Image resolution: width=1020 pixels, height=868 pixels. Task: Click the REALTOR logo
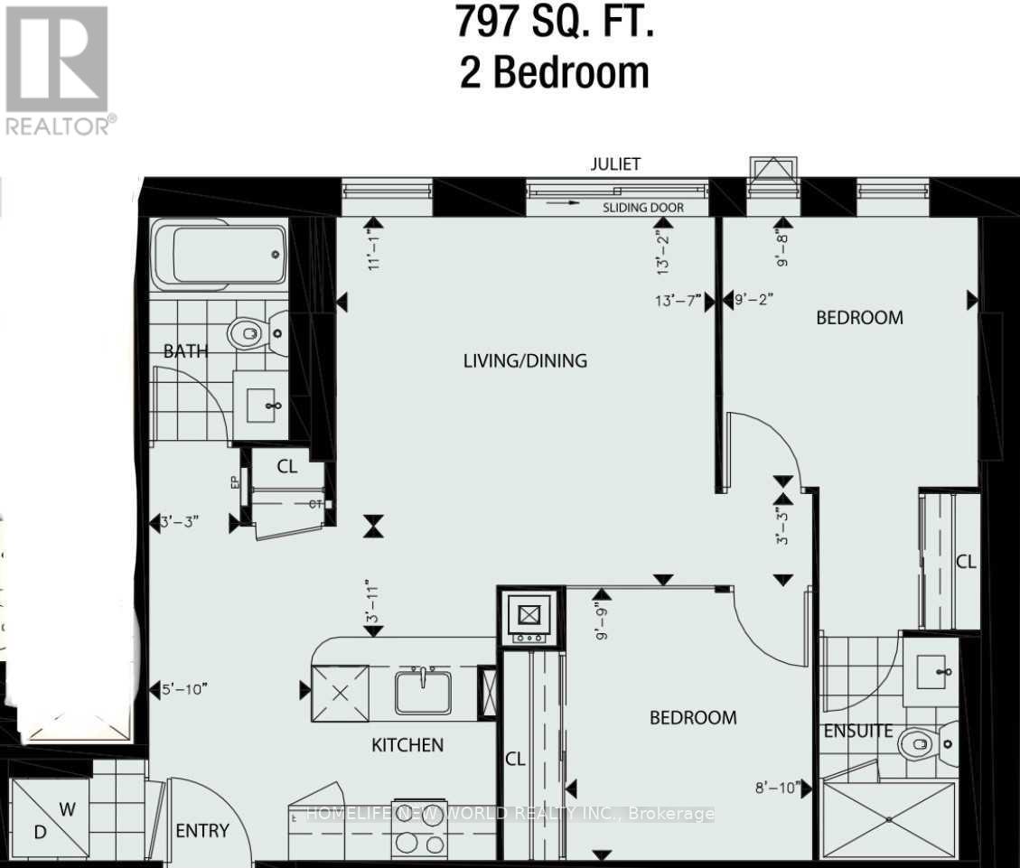tap(60, 70)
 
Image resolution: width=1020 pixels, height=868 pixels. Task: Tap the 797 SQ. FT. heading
tap(555, 23)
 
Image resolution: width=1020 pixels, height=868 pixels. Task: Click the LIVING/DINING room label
tap(525, 361)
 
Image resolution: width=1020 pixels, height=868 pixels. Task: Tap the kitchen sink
tap(423, 692)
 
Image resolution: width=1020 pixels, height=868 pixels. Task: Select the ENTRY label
tap(201, 831)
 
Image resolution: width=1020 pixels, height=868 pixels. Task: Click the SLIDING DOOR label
tap(642, 208)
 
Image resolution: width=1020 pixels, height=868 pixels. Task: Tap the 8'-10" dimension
tap(776, 789)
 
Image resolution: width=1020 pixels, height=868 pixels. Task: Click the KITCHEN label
tap(407, 745)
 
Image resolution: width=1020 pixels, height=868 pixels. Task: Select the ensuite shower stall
tap(888, 818)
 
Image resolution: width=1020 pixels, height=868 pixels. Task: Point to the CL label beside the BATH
tap(287, 468)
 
